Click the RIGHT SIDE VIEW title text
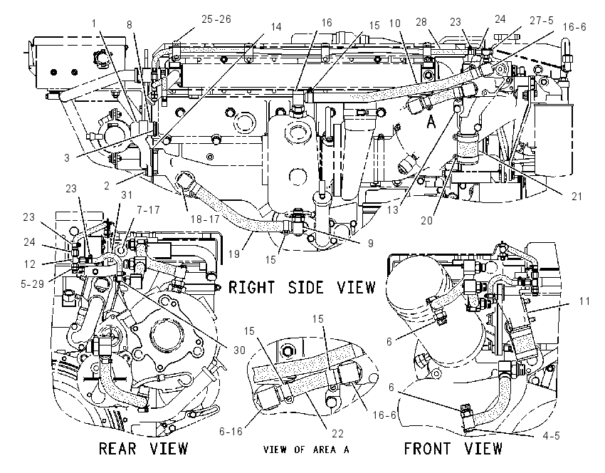[x=302, y=287]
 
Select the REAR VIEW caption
[x=143, y=449]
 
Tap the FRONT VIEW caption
[x=453, y=449]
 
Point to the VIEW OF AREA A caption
[x=306, y=449]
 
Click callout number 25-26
[x=216, y=19]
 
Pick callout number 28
[x=421, y=21]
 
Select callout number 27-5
[x=542, y=20]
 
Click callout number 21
[x=577, y=197]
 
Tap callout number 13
[x=392, y=210]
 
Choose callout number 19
[x=234, y=254]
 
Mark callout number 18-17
[x=205, y=219]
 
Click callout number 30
[x=239, y=350]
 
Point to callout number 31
[x=127, y=195]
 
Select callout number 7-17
[x=148, y=209]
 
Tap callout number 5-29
[x=33, y=284]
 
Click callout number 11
[x=584, y=301]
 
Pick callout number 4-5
[x=551, y=435]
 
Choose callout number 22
[x=337, y=434]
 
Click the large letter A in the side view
[x=431, y=123]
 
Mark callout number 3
[x=67, y=158]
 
